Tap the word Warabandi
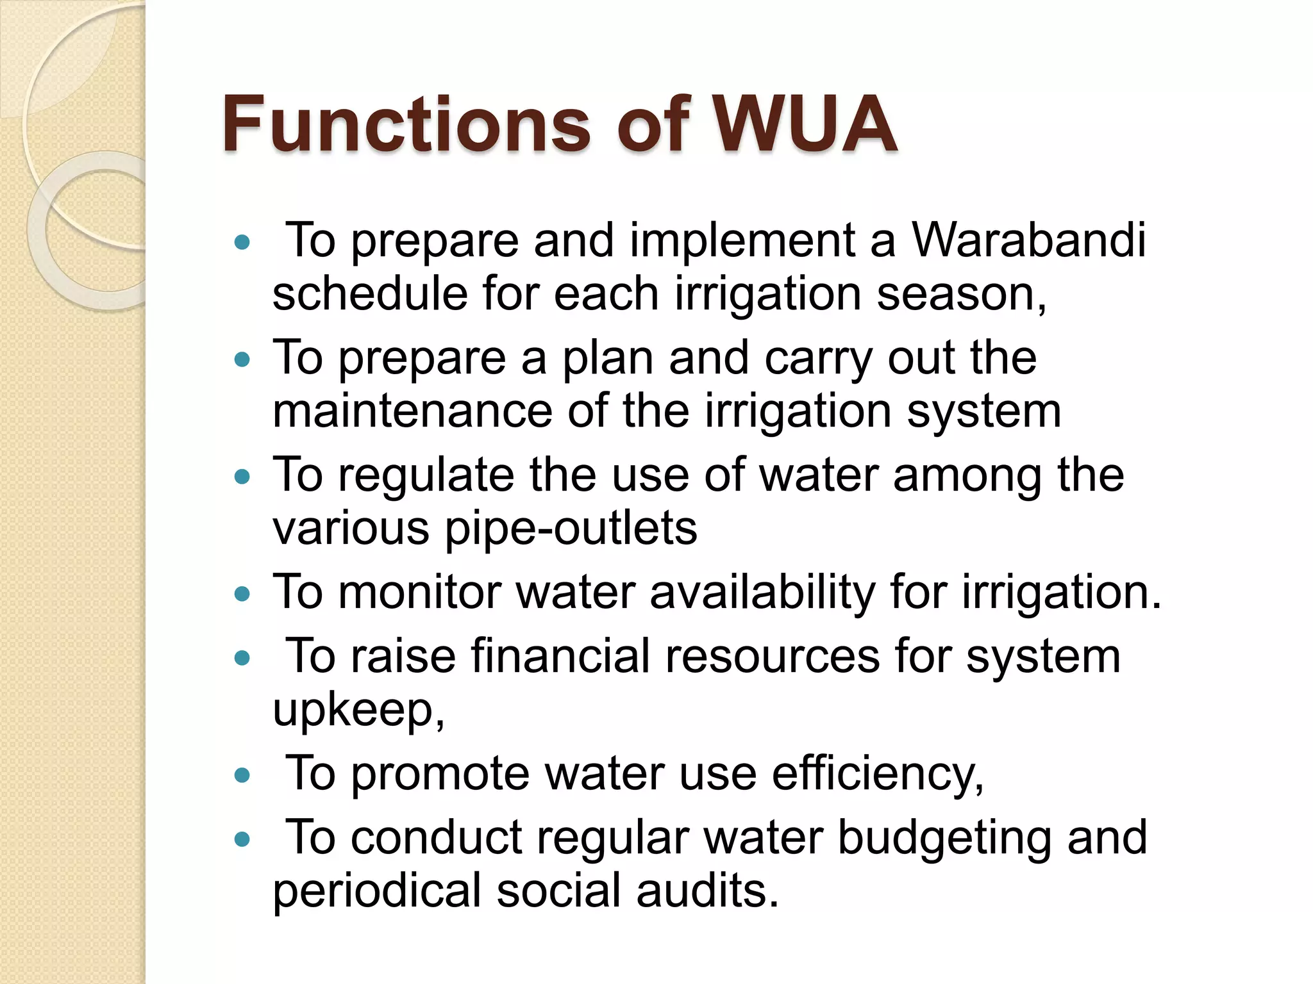(1028, 240)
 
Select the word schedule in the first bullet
(369, 294)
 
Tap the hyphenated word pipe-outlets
(571, 530)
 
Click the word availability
(762, 593)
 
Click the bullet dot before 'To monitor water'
(242, 594)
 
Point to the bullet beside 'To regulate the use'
(242, 477)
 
